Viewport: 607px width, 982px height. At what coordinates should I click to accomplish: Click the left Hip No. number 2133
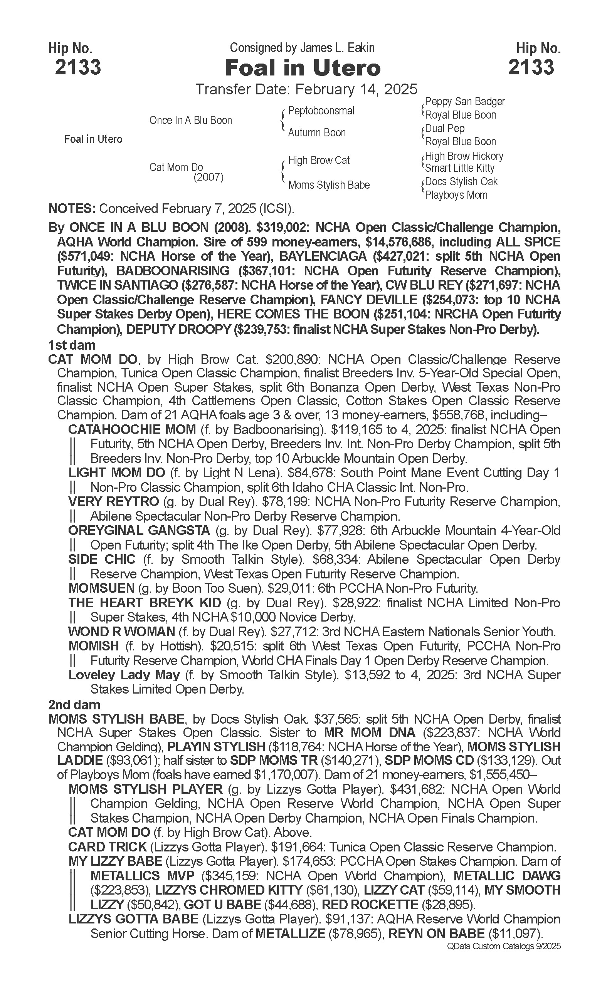(x=78, y=67)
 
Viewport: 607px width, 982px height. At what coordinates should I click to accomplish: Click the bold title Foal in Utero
(x=303, y=68)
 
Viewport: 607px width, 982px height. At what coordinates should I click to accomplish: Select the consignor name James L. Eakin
(x=337, y=48)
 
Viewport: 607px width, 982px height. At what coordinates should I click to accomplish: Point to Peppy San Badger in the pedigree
(x=464, y=102)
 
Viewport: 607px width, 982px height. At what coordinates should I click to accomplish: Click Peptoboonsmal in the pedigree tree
(x=321, y=111)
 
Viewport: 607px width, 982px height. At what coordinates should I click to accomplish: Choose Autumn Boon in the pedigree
(x=317, y=133)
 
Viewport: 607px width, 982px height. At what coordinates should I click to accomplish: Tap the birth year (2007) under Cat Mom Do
(x=208, y=177)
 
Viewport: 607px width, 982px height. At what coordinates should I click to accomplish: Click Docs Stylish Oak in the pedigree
(x=461, y=182)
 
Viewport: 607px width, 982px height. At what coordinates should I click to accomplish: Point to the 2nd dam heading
(x=74, y=705)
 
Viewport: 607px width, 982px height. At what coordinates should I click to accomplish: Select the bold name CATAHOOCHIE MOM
(x=132, y=430)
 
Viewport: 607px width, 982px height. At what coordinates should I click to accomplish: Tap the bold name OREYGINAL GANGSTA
(x=139, y=531)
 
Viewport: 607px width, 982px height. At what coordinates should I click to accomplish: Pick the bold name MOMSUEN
(x=101, y=588)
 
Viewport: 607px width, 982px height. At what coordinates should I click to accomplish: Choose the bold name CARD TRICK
(x=107, y=847)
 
